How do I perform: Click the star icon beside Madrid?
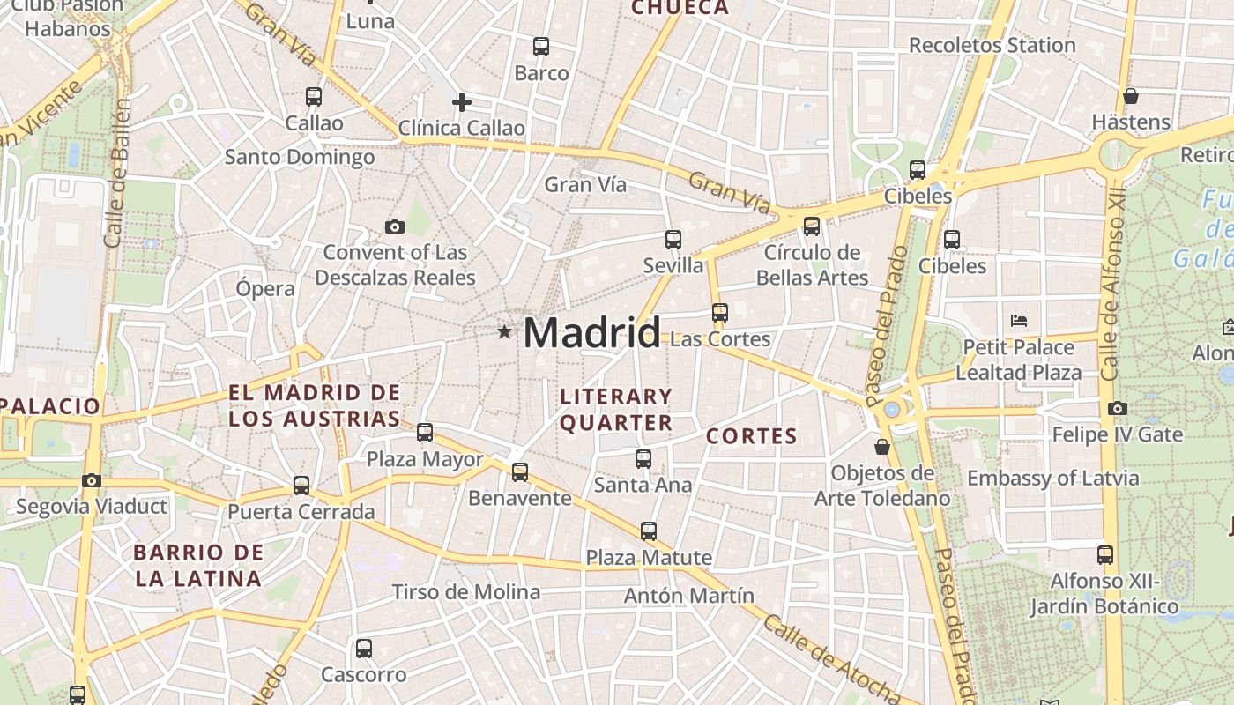pyautogui.click(x=504, y=332)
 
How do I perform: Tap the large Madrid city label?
pyautogui.click(x=591, y=333)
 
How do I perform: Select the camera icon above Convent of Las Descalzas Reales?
pyautogui.click(x=395, y=227)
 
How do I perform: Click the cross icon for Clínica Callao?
pyautogui.click(x=461, y=102)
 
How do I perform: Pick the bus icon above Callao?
pyautogui.click(x=313, y=97)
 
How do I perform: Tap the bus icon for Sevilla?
pyautogui.click(x=673, y=239)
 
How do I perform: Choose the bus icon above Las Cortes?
pyautogui.click(x=720, y=313)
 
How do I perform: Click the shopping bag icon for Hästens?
pyautogui.click(x=1131, y=96)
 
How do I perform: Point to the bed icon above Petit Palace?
pyautogui.click(x=1019, y=321)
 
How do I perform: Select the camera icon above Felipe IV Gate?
pyautogui.click(x=1118, y=408)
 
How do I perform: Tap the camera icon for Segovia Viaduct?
pyautogui.click(x=92, y=480)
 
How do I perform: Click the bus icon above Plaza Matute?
pyautogui.click(x=649, y=531)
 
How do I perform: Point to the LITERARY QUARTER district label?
pyautogui.click(x=616, y=410)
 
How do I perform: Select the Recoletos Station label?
pyautogui.click(x=992, y=45)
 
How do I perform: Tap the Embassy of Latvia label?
pyautogui.click(x=1052, y=479)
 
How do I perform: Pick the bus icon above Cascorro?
pyautogui.click(x=363, y=649)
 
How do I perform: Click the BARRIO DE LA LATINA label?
pyautogui.click(x=197, y=566)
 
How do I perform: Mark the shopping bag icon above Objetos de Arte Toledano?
pyautogui.click(x=882, y=448)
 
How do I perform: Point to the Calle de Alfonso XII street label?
pyautogui.click(x=1111, y=292)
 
